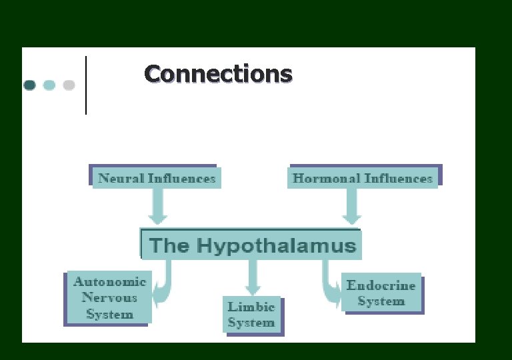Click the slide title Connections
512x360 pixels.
[218, 74]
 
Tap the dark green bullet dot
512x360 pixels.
[29, 85]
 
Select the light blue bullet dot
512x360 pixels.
[49, 85]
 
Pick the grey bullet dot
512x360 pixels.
[69, 85]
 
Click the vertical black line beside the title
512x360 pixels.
[86, 85]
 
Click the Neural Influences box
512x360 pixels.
[156, 178]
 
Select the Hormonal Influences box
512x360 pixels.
[363, 178]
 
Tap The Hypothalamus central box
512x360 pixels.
[252, 245]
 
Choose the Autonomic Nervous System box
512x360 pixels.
[109, 297]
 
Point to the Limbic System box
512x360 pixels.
[251, 315]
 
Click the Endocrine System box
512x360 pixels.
[381, 293]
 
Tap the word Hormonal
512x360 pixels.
[325, 179]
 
